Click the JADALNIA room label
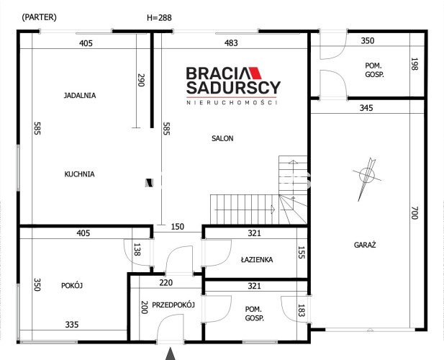pyautogui.click(x=80, y=96)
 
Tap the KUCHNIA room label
pyautogui.click(x=79, y=174)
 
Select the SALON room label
pyautogui.click(x=222, y=138)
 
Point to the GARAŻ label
pyautogui.click(x=365, y=245)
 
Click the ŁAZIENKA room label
pyautogui.click(x=257, y=259)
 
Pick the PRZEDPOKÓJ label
pyautogui.click(x=173, y=305)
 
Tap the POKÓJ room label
pyautogui.click(x=72, y=285)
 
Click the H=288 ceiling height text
pyautogui.click(x=159, y=18)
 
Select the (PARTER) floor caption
pyautogui.click(x=39, y=17)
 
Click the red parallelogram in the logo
pyautogui.click(x=255, y=73)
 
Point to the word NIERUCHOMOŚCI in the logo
pyautogui.click(x=231, y=102)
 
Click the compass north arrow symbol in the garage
pyautogui.click(x=367, y=179)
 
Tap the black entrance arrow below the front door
pyautogui.click(x=170, y=354)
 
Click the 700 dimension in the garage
pyautogui.click(x=414, y=212)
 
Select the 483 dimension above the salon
pyautogui.click(x=231, y=43)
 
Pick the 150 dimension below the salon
pyautogui.click(x=178, y=227)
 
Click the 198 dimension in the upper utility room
pyautogui.click(x=414, y=64)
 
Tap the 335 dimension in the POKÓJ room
pyautogui.click(x=72, y=325)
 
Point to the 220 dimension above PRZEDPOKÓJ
pyautogui.click(x=166, y=283)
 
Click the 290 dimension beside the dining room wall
pyautogui.click(x=141, y=80)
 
